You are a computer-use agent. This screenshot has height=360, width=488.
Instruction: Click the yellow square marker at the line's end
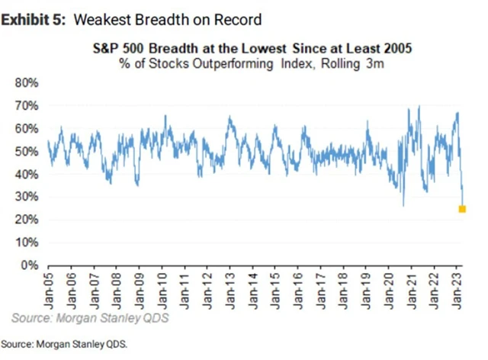tap(462, 209)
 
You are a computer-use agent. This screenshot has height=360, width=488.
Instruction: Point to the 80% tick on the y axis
tap(26, 82)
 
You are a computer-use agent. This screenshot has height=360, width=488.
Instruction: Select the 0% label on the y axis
tap(29, 265)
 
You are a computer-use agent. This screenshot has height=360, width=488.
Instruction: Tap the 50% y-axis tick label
tap(26, 151)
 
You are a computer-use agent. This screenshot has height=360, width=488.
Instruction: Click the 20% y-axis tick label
tap(26, 220)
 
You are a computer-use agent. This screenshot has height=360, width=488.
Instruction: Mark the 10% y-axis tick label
tap(26, 243)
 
